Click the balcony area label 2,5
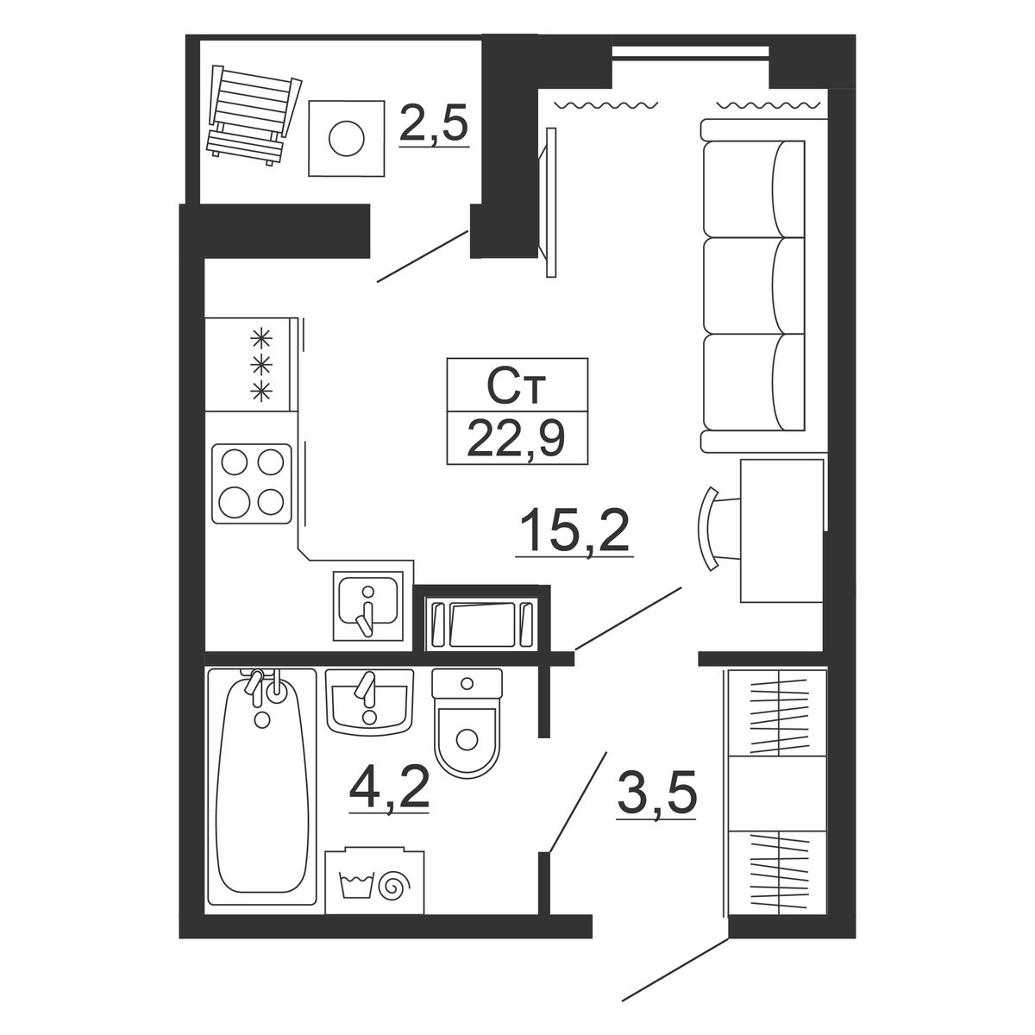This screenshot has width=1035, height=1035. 434,123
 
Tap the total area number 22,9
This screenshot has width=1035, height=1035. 516,438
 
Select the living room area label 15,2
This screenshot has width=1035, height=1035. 574,531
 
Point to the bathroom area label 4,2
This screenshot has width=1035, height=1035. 389,788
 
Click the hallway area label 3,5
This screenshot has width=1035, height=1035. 656,793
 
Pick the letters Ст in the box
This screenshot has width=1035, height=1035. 516,386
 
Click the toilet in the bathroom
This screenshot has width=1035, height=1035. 467,723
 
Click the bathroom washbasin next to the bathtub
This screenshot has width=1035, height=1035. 369,701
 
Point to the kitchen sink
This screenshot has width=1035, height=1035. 368,605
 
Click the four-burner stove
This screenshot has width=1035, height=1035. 252,483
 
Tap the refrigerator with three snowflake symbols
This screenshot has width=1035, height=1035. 251,365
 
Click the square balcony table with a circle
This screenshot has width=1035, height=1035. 347,138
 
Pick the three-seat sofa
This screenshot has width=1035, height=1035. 762,285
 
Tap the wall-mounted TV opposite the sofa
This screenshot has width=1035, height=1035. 548,203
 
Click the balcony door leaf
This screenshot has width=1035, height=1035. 423,256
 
